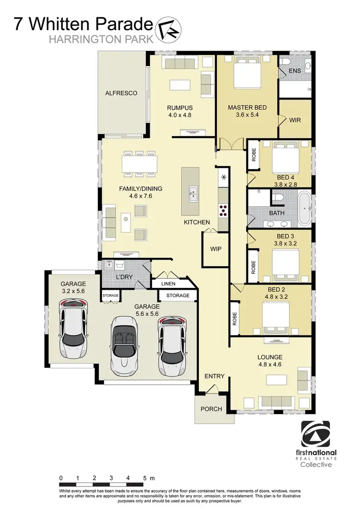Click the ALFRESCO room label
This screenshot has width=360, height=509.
click(x=121, y=93)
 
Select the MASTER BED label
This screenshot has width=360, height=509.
click(x=247, y=107)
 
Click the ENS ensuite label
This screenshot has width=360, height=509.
click(x=295, y=71)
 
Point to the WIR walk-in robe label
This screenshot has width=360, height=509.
click(x=295, y=120)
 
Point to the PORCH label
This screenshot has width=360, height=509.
click(x=211, y=409)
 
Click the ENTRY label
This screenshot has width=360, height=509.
click(x=214, y=376)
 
